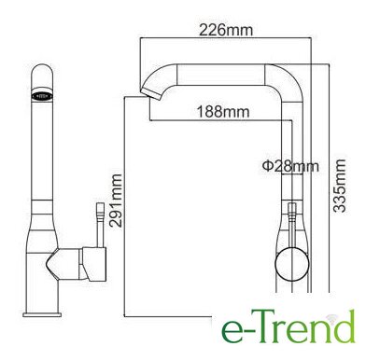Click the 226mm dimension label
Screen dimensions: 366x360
coord(226,30)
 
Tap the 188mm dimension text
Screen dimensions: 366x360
coord(223,111)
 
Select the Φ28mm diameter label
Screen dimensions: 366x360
coord(290,166)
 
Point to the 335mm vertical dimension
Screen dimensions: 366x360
coord(339,186)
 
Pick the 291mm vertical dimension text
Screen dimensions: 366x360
coord(115,201)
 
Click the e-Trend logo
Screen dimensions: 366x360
coord(289,325)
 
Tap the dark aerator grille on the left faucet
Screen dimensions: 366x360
coord(43,95)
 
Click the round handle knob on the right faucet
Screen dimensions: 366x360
coord(292,265)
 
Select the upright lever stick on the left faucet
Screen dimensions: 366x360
coord(100,225)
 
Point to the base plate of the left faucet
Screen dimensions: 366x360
coord(42,314)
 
